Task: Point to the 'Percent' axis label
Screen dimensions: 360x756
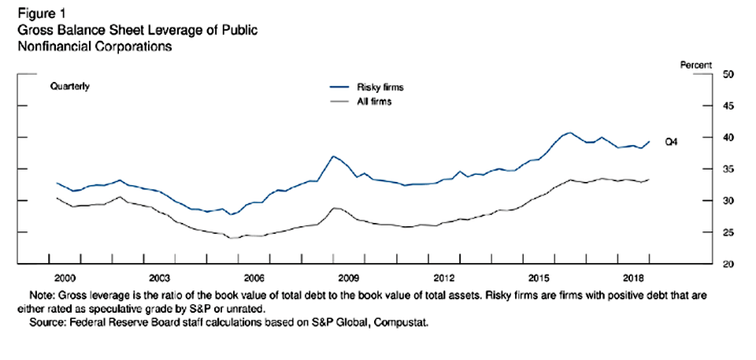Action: pos(696,65)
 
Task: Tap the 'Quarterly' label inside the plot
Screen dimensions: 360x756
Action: pos(69,86)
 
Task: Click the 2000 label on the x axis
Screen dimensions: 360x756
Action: pos(65,278)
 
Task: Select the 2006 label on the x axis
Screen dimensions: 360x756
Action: pos(254,278)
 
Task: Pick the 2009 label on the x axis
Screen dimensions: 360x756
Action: pos(349,278)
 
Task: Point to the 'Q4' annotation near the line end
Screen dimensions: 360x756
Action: pos(671,142)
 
